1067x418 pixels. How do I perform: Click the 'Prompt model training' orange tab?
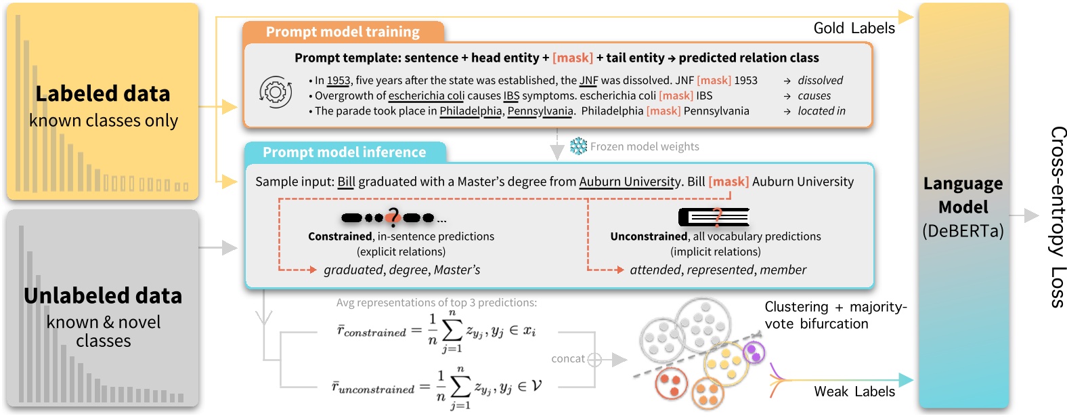[x=343, y=32]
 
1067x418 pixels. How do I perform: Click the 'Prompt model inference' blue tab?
[x=344, y=152]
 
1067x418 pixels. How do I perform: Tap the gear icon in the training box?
[x=276, y=92]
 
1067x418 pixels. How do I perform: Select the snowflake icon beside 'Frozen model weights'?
[x=578, y=146]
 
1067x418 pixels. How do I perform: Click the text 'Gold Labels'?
[x=854, y=28]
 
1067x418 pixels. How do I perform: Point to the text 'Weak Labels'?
[x=854, y=392]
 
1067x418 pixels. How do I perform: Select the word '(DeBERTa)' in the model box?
[x=963, y=231]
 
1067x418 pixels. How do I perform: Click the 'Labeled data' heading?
[x=103, y=93]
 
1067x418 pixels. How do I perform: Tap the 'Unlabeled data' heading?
[x=103, y=296]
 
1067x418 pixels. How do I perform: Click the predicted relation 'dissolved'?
[x=820, y=81]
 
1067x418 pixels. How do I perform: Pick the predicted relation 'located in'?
[x=821, y=111]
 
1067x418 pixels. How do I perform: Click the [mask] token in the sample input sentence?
[x=728, y=182]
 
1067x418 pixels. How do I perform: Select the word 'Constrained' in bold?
[x=340, y=236]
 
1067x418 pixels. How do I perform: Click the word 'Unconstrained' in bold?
[x=649, y=236]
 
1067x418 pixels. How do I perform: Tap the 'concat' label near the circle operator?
[x=568, y=359]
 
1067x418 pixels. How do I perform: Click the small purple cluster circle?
[x=754, y=352]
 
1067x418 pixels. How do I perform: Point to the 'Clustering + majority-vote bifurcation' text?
[x=835, y=315]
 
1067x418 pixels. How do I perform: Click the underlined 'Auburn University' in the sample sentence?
[x=630, y=182]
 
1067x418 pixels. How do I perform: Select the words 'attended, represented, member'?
[x=718, y=270]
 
